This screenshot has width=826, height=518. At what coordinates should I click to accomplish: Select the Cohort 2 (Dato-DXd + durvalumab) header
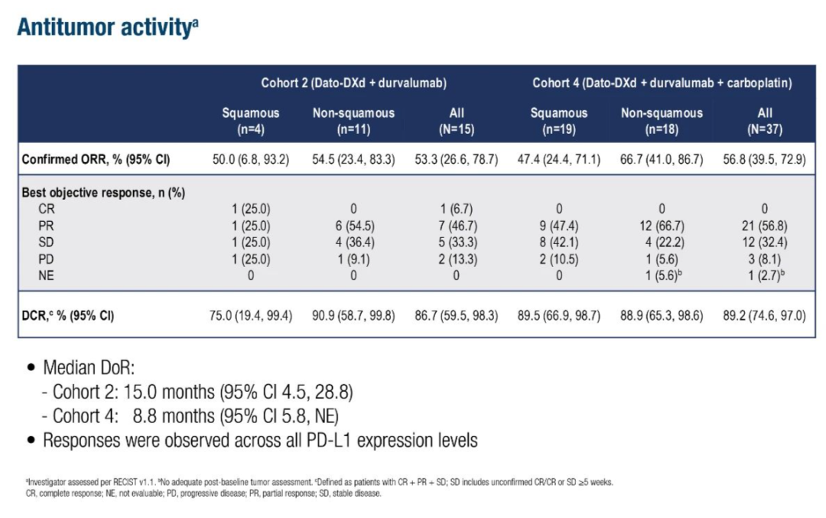353,83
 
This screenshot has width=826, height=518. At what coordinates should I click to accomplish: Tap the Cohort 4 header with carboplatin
662,83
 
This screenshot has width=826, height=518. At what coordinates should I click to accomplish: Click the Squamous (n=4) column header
251,121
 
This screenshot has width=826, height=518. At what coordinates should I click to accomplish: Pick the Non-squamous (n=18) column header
662,121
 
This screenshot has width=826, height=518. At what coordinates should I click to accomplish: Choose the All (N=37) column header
765,121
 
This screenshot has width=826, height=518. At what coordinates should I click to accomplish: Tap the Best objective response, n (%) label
103,193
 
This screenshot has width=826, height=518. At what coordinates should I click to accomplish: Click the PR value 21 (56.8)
765,225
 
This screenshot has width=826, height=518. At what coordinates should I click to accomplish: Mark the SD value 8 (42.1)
559,242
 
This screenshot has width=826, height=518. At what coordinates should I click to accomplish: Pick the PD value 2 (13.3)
457,259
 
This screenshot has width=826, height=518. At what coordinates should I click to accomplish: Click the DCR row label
68,314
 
